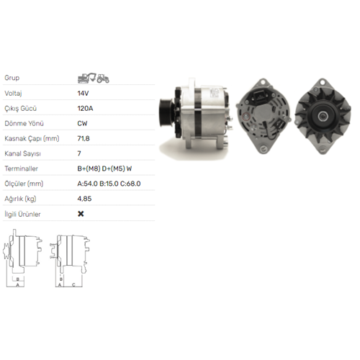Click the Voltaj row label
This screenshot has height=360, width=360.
click(13, 93)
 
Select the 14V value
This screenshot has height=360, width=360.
click(83, 93)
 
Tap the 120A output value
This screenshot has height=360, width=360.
click(85, 108)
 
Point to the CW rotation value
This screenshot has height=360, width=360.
click(82, 123)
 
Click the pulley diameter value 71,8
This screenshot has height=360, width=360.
click(84, 138)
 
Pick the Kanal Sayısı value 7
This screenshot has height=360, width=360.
click(79, 153)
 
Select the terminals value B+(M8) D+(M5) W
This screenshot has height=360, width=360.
click(104, 168)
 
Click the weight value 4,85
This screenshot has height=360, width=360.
click(84, 199)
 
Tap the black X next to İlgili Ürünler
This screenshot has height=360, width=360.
click(81, 214)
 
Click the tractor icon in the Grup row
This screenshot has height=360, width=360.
click(103, 78)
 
